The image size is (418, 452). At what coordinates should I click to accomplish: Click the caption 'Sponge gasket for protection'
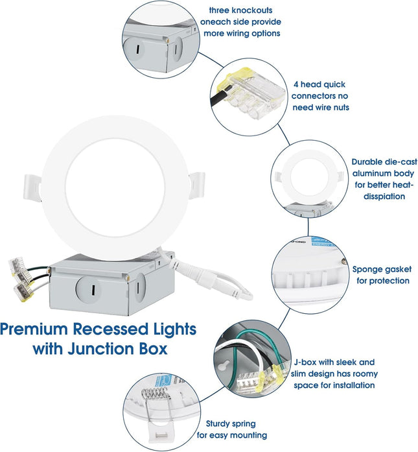tap(380, 274)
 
